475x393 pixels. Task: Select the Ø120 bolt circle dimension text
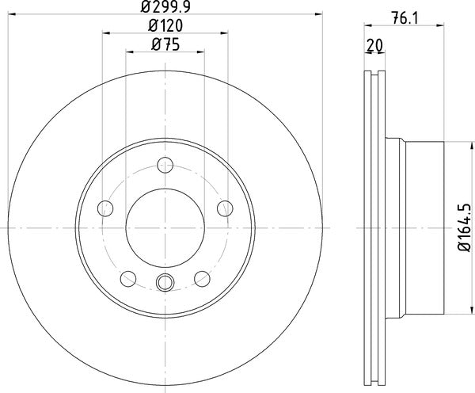165,26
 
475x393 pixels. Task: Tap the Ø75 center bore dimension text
165,45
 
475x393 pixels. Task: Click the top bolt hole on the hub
165,165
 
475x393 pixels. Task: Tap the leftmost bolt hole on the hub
104,208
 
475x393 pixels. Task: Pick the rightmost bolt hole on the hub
225,208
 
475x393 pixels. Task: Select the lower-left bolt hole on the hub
127,278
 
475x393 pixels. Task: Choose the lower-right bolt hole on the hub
202,278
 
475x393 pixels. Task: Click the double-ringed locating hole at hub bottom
165,281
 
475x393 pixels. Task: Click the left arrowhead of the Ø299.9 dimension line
12,13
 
